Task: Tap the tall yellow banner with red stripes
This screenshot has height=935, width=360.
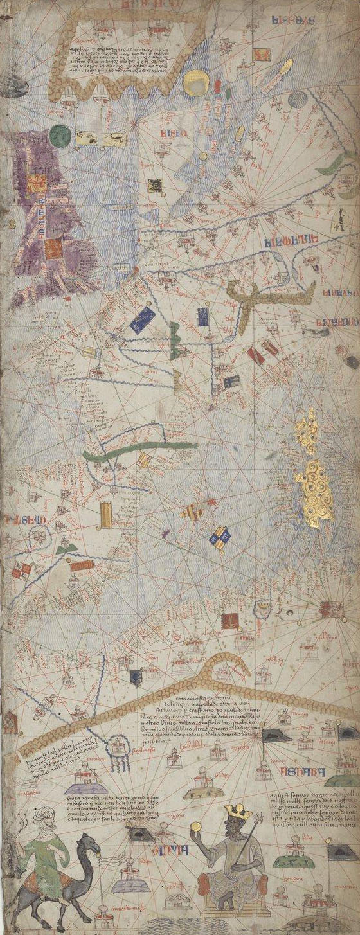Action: coord(106,515)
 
